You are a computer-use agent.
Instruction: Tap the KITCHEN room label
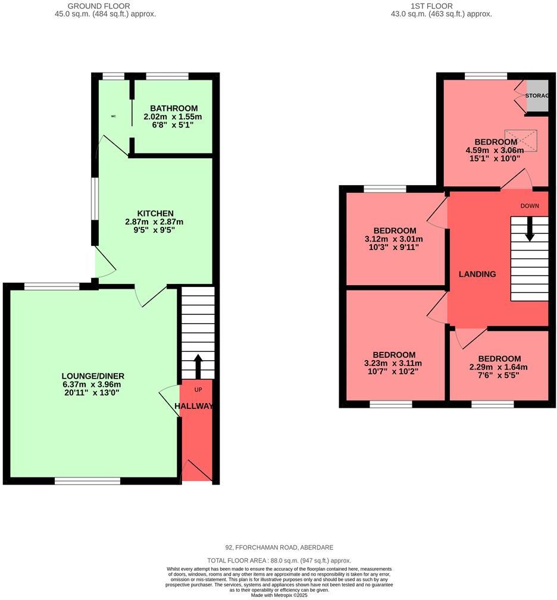(155, 213)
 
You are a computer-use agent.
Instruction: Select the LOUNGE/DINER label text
(93, 376)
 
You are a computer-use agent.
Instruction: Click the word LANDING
(477, 274)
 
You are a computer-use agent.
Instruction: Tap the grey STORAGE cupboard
(537, 96)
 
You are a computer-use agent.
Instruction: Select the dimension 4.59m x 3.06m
(496, 151)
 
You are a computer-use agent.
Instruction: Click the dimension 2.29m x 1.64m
(499, 367)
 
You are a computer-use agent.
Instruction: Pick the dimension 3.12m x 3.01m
(395, 239)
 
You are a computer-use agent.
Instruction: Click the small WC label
(113, 116)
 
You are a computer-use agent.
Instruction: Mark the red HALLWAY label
(194, 406)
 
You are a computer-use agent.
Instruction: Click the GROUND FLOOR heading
(105, 6)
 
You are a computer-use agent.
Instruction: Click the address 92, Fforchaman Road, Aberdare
(278, 548)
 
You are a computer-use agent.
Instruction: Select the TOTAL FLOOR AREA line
(278, 561)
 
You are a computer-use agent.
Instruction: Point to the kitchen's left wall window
(93, 199)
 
